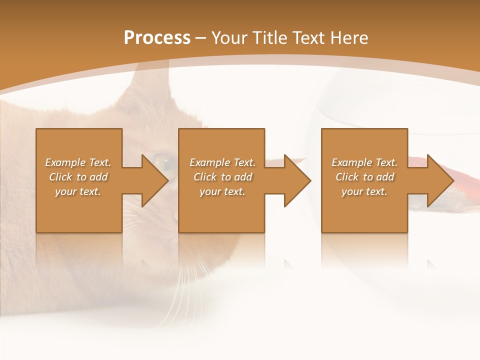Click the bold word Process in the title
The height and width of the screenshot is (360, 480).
[157, 38]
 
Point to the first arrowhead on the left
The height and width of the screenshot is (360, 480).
[152, 180]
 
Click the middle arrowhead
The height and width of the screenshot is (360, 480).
[295, 180]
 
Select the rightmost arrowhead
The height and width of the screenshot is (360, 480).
[438, 180]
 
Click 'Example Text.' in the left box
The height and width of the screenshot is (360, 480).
[78, 162]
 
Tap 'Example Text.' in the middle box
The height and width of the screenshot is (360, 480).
[222, 162]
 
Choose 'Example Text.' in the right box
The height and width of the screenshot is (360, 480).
[364, 162]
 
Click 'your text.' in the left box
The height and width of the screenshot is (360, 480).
[78, 191]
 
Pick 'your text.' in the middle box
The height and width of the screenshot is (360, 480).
[222, 191]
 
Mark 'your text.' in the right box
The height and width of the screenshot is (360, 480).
[364, 191]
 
